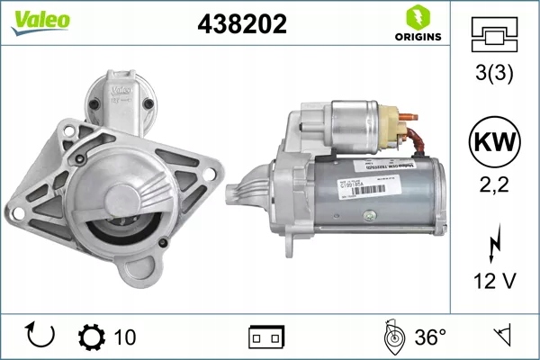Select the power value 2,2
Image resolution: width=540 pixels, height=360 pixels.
[494, 186]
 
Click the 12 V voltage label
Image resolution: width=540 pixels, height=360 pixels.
[494, 282]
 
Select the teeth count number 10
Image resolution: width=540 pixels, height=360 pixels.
[125, 337]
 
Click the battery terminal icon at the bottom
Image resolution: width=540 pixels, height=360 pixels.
[266, 337]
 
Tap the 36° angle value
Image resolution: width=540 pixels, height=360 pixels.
[430, 337]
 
